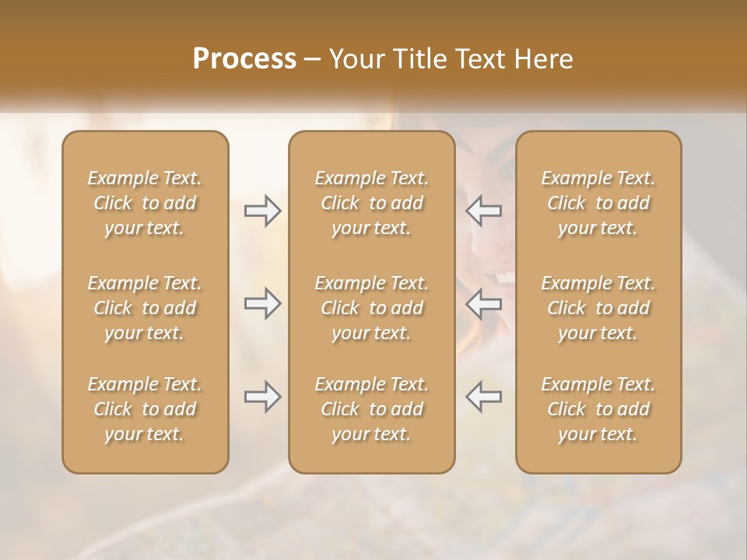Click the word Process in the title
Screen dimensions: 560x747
[244, 59]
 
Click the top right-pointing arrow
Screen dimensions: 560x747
[262, 211]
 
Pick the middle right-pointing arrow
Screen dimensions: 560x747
[262, 303]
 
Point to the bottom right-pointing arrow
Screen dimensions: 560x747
[262, 397]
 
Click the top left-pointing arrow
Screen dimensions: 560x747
[484, 211]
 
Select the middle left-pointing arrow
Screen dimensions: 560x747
[484, 303]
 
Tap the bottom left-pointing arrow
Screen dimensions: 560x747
[484, 397]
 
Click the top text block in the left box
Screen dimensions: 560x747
[145, 203]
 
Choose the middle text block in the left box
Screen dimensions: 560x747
[145, 308]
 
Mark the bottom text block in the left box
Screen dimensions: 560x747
[145, 409]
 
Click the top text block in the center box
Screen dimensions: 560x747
[372, 203]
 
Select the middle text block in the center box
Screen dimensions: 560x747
[372, 308]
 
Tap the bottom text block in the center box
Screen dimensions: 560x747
[372, 409]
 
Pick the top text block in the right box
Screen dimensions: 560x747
[598, 203]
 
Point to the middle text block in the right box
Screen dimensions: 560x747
[598, 308]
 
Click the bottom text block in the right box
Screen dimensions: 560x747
[598, 409]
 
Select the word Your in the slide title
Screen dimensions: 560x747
[354, 59]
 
